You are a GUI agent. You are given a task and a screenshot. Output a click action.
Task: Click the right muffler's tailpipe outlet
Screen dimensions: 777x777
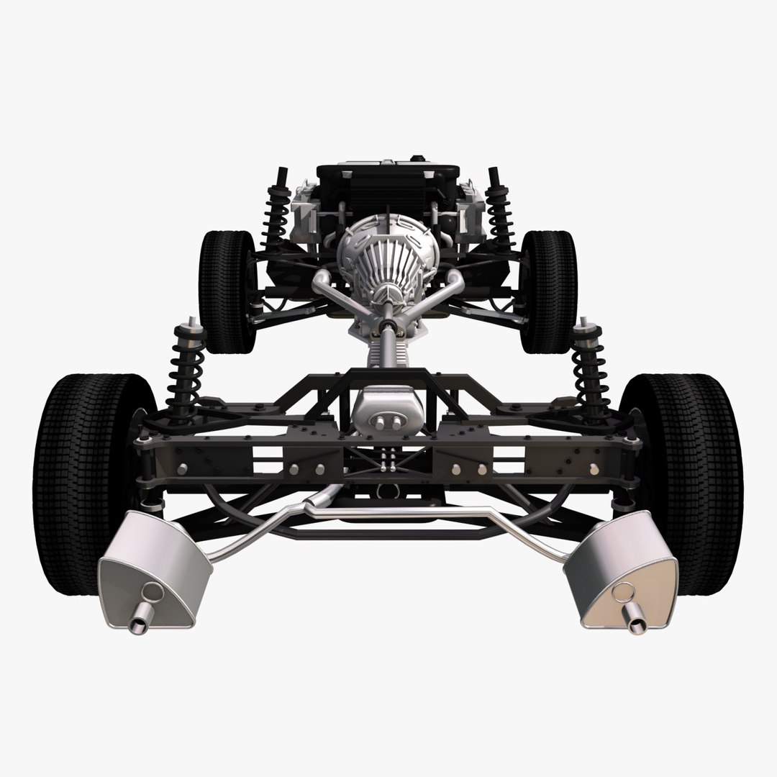click(636, 624)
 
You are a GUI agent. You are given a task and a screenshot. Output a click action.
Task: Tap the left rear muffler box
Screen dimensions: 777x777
click(155, 568)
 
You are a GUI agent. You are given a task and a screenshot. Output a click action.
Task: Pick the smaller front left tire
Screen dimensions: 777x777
click(224, 288)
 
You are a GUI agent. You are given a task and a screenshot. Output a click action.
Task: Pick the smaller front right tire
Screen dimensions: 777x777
click(550, 288)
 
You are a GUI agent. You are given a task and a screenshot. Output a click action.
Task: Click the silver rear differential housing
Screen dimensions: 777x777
click(388, 410)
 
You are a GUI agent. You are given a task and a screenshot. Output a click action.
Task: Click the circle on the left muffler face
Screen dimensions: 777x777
click(153, 592)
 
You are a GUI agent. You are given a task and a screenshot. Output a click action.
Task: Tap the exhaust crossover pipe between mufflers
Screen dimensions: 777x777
click(388, 512)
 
